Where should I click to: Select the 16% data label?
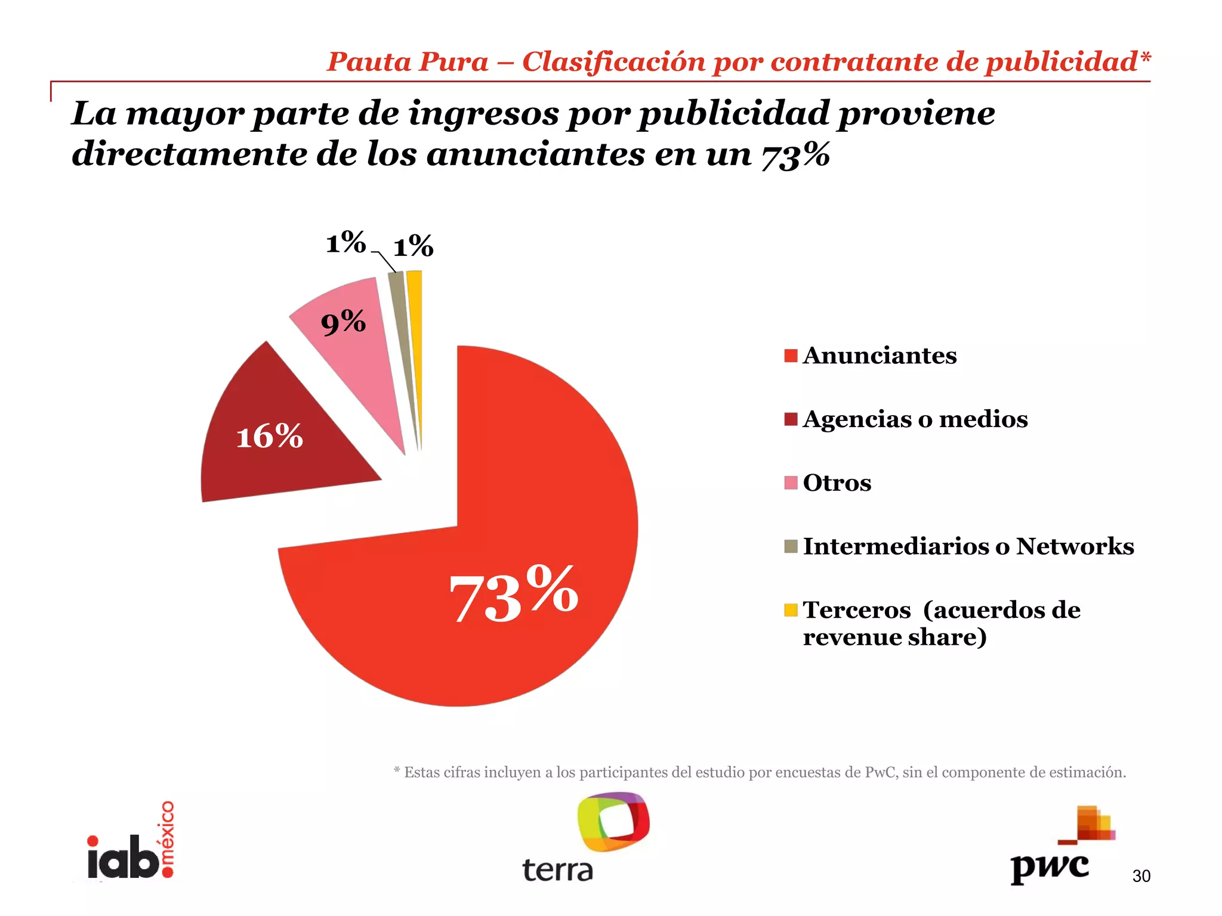tap(270, 437)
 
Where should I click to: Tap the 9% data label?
tap(343, 323)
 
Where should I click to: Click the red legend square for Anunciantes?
tap(791, 355)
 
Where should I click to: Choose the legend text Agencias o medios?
tap(915, 419)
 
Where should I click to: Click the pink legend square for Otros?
tap(791, 483)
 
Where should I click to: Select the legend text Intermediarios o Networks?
tap(968, 546)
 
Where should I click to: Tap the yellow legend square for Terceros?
tap(791, 610)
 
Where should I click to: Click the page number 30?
tap(1141, 876)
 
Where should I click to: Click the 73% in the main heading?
tap(795, 154)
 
